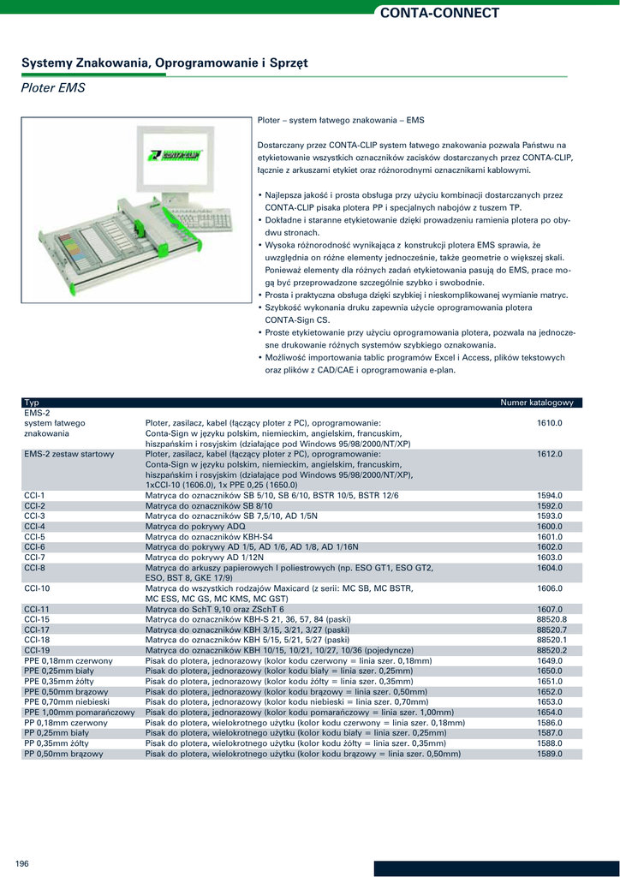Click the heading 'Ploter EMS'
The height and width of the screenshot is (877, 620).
pyautogui.click(x=53, y=87)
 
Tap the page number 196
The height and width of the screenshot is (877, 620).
pyautogui.click(x=22, y=863)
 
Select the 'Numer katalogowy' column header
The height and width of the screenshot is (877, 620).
pyautogui.click(x=541, y=403)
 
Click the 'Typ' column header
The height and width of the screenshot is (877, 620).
pyautogui.click(x=32, y=403)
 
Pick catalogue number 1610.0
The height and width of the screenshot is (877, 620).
pyautogui.click(x=549, y=423)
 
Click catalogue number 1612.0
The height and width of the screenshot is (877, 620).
pyautogui.click(x=549, y=454)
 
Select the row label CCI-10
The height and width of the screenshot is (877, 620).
pyautogui.click(x=37, y=589)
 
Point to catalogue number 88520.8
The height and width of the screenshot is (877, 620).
pyautogui.click(x=551, y=619)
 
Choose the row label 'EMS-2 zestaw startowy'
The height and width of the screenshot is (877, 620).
pyautogui.click(x=69, y=454)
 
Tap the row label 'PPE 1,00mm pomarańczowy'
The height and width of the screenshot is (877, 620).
pyautogui.click(x=80, y=713)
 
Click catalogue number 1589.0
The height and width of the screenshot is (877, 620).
pyautogui.click(x=549, y=754)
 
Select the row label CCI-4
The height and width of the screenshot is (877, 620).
pyautogui.click(x=34, y=527)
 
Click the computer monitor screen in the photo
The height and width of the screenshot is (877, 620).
pyautogui.click(x=175, y=158)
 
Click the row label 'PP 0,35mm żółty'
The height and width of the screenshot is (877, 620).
pyautogui.click(x=57, y=743)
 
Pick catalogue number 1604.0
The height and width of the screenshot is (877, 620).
pyautogui.click(x=549, y=568)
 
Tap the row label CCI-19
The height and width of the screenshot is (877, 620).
pyautogui.click(x=37, y=651)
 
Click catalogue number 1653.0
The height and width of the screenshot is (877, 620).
pyautogui.click(x=549, y=702)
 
